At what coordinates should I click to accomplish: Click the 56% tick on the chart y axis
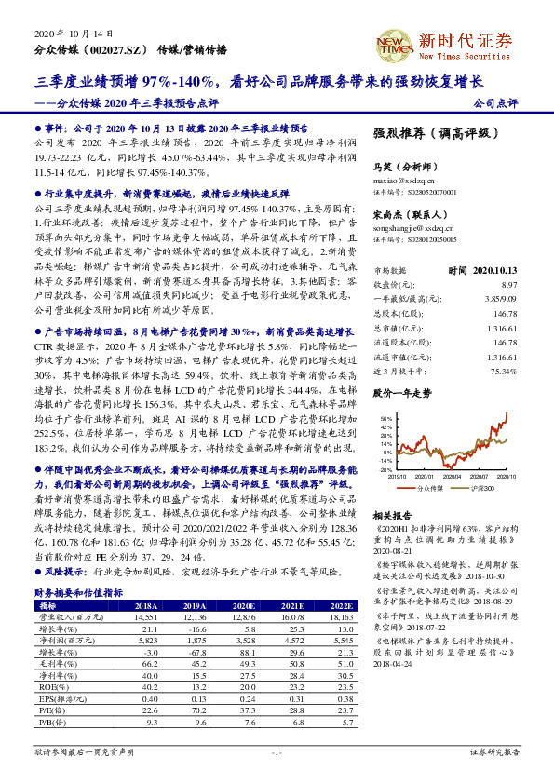pos(386,420)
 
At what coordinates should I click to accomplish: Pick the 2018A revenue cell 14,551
pos(144,616)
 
